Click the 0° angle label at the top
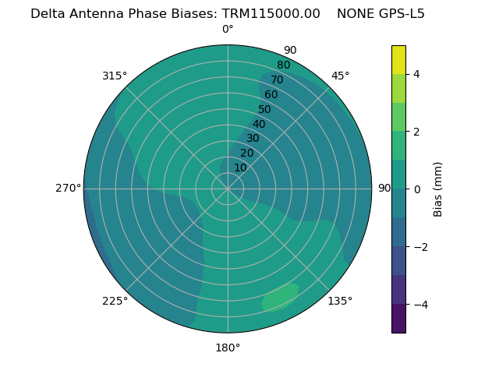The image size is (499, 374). (228, 30)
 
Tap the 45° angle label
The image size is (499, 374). (341, 76)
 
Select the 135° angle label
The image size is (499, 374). (340, 301)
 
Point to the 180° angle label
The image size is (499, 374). (228, 348)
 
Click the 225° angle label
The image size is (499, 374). (115, 301)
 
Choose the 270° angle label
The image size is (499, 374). (69, 188)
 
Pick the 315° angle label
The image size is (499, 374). (115, 76)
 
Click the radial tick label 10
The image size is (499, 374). (240, 168)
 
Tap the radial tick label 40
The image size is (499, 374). (259, 124)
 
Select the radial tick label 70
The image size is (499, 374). (277, 79)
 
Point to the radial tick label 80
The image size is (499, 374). (283, 65)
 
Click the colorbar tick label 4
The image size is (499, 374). (416, 74)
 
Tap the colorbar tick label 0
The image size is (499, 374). (416, 189)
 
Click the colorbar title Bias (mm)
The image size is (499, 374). (438, 189)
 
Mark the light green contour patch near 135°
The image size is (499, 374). (280, 297)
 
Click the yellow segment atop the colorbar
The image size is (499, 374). (398, 59)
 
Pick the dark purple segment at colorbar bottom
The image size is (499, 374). (398, 319)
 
